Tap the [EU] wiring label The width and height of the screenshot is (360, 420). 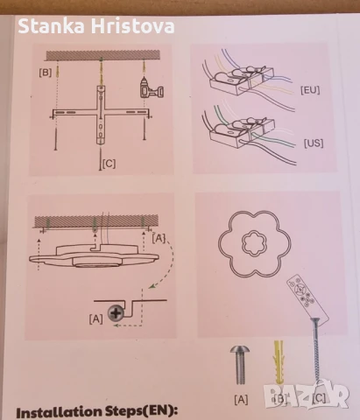click(310, 90)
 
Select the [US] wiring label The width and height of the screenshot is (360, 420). click(314, 143)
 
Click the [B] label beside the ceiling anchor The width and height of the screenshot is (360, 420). click(46, 73)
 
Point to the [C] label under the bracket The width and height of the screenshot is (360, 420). click(109, 164)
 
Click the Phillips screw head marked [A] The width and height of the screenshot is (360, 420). click(116, 313)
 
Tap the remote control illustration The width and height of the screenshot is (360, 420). click(307, 297)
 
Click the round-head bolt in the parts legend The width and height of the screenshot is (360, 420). click(240, 364)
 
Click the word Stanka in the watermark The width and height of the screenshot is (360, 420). click(52, 26)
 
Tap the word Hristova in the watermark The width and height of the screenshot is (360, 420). click(133, 26)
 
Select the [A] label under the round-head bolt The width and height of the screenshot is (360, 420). click(241, 399)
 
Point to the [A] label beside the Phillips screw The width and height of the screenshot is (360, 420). click(96, 318)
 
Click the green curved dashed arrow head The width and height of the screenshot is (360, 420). click(152, 286)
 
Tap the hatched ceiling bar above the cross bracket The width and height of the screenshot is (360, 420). click(103, 55)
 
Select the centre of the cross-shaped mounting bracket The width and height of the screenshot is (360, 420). click(101, 112)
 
